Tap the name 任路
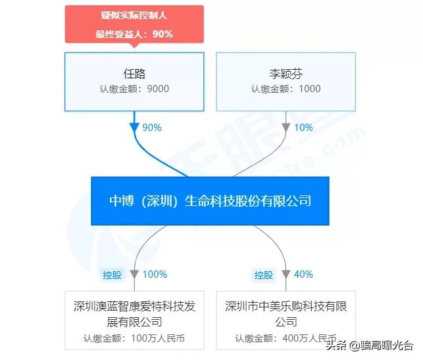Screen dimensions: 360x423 (x=134, y=74)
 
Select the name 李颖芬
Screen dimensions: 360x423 (x=286, y=74)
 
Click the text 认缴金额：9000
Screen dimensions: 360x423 (x=134, y=89)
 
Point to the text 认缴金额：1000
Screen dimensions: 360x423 (x=286, y=89)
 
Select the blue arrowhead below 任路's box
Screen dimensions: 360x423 (x=134, y=126)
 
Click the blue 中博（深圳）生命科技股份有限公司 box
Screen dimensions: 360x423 (x=210, y=201)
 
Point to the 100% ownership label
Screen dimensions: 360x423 (x=155, y=274)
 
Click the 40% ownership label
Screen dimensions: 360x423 (x=304, y=274)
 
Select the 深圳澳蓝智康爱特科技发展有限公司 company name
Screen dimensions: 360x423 (x=134, y=314)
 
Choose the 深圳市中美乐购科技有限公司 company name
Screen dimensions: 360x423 (x=286, y=314)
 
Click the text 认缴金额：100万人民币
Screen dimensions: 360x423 (x=134, y=340)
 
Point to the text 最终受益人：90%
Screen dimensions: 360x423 (x=134, y=34)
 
